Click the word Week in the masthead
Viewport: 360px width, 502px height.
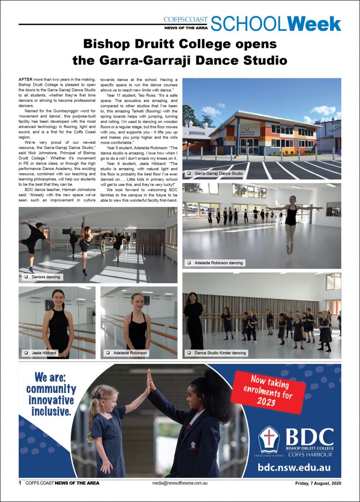coord(314,23)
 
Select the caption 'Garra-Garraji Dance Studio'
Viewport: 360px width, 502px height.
coord(219,173)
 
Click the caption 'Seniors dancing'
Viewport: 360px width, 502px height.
coord(46,277)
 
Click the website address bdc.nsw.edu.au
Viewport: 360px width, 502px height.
coord(294,467)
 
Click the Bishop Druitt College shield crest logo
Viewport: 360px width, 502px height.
coord(269,439)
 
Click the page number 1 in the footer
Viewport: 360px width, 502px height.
coord(20,483)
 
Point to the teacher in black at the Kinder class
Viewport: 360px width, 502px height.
coord(194,318)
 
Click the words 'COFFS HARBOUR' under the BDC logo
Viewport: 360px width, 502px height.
coord(310,454)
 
